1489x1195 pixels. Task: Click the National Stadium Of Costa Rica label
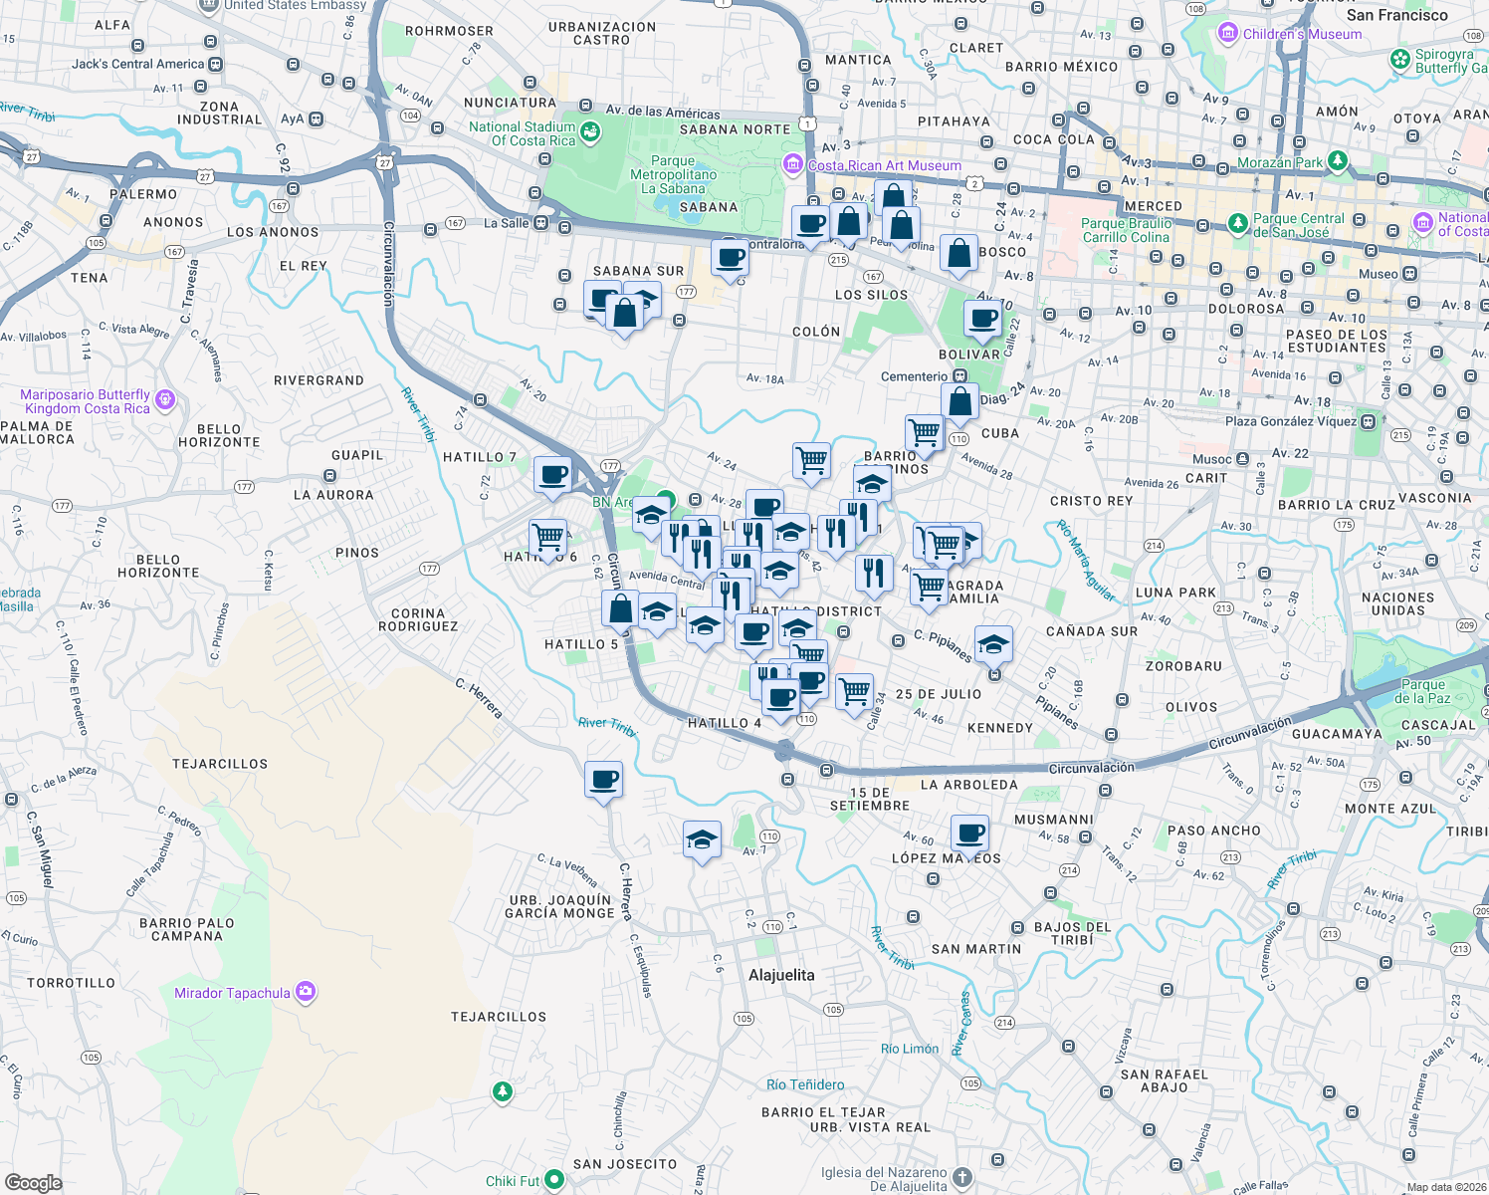(x=522, y=133)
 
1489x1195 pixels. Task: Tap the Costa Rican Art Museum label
(x=884, y=165)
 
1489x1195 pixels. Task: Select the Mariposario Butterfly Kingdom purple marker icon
(x=165, y=400)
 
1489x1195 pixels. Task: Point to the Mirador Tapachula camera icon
(x=306, y=992)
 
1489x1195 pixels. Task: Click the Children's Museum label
(x=1302, y=34)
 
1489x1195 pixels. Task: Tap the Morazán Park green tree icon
(x=1338, y=160)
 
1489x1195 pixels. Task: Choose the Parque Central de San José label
(x=1298, y=225)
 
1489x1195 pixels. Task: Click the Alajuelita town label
(x=781, y=975)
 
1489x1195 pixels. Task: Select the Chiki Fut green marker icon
(x=554, y=1180)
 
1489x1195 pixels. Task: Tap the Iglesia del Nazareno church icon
(x=962, y=1178)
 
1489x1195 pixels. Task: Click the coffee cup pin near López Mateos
(x=969, y=833)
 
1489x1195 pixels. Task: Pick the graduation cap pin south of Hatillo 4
(x=702, y=839)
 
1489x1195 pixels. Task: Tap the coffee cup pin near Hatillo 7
(x=552, y=474)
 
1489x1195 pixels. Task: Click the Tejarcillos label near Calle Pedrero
(x=220, y=764)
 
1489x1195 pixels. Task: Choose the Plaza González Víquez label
(x=1291, y=421)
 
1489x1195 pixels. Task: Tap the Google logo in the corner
(x=33, y=1182)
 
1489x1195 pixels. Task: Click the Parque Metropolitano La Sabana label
(x=673, y=174)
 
